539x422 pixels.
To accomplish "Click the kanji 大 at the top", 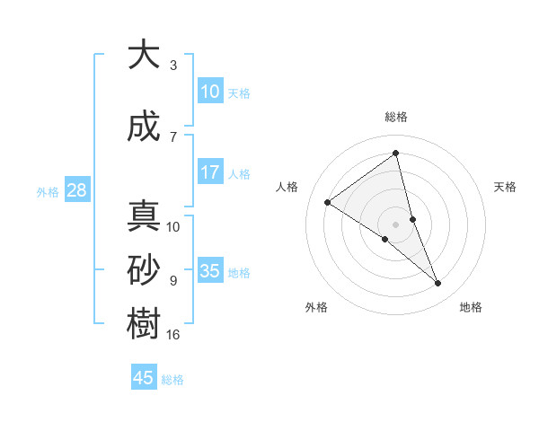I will coord(144,56).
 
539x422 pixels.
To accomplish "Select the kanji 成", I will coord(144,127).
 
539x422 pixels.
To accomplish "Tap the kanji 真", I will coord(144,216).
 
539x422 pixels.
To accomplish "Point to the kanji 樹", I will coord(144,324).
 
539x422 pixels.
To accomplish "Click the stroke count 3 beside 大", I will coord(173,66).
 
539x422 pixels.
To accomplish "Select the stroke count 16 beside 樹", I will coord(173,335).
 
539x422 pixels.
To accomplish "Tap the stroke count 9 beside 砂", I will coord(173,281).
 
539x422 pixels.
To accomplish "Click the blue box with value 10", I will coord(210,91).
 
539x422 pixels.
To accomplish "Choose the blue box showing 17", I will coord(210,172).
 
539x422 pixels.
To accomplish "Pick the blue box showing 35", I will coord(210,270).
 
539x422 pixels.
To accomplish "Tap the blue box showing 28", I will coord(76,189).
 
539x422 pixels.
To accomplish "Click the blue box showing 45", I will coord(144,378).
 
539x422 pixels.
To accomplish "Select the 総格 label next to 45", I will coord(172,380).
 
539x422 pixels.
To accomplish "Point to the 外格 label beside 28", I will coord(48,191).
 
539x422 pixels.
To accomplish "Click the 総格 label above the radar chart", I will coord(395,117).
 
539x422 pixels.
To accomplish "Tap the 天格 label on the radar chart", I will coord(506,187).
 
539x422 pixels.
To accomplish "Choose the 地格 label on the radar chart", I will coord(471,307).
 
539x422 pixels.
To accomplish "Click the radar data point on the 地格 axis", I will coord(438,284).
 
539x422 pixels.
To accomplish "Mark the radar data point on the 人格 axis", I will coord(327,202).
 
